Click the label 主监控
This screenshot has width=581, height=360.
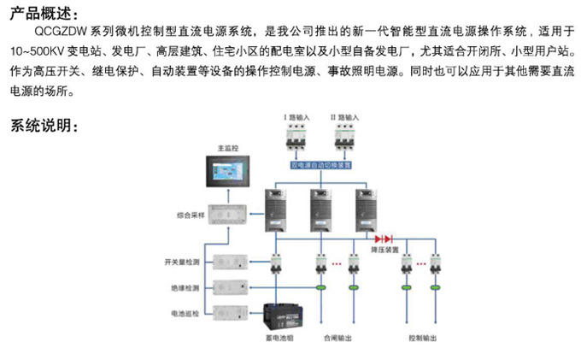226,146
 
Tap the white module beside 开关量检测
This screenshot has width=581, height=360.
230,261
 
